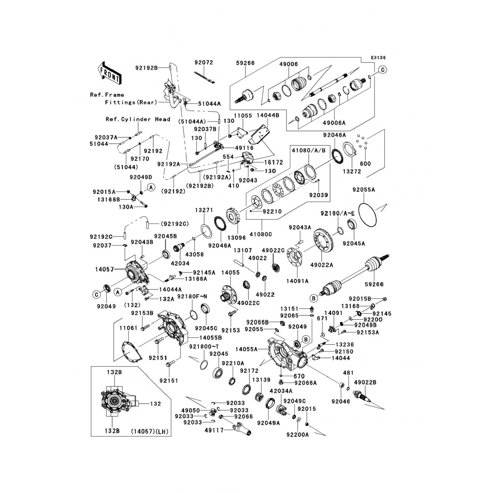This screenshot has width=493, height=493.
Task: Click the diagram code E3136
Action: click(x=378, y=58)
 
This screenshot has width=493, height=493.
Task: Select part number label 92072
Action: click(x=203, y=62)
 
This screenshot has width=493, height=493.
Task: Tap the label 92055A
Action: click(x=364, y=190)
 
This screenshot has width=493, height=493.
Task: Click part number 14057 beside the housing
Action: click(x=105, y=270)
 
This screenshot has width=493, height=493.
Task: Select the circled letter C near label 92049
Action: click(x=96, y=294)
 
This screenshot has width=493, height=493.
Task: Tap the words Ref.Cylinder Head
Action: click(x=138, y=119)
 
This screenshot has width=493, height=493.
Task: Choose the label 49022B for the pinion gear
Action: click(x=365, y=382)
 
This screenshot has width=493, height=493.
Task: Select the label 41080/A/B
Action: click(x=309, y=151)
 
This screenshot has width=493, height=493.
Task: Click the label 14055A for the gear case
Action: click(x=246, y=349)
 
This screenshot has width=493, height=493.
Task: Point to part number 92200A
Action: click(x=297, y=434)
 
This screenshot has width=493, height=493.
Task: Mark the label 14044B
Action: click(x=268, y=116)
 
